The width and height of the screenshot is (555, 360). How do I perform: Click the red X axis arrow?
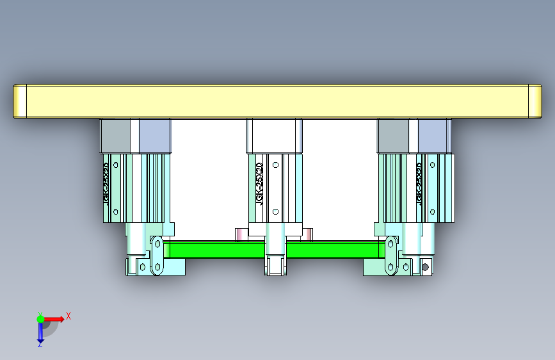pos(55,318)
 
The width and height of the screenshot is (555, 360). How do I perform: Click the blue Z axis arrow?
pos(40,332)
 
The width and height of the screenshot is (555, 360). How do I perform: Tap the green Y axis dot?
pos(40,318)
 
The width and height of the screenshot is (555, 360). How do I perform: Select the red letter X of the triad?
pos(68,316)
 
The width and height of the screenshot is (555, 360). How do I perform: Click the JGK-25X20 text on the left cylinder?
pos(106,182)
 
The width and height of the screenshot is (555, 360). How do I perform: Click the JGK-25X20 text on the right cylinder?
pos(419,183)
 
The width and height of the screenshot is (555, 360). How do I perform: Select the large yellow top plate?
pos(275,101)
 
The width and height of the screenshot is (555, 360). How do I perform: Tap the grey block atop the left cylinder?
pos(115,135)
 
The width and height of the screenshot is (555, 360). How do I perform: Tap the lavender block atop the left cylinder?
pos(155,135)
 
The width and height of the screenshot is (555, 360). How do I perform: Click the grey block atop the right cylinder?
pos(393,135)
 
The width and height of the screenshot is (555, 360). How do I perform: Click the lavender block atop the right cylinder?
pos(433,135)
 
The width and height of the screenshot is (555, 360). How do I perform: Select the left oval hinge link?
pos(157,256)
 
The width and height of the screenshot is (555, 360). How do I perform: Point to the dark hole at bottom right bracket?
pos(424,266)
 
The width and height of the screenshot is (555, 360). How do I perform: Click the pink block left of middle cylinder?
pos(241,234)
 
